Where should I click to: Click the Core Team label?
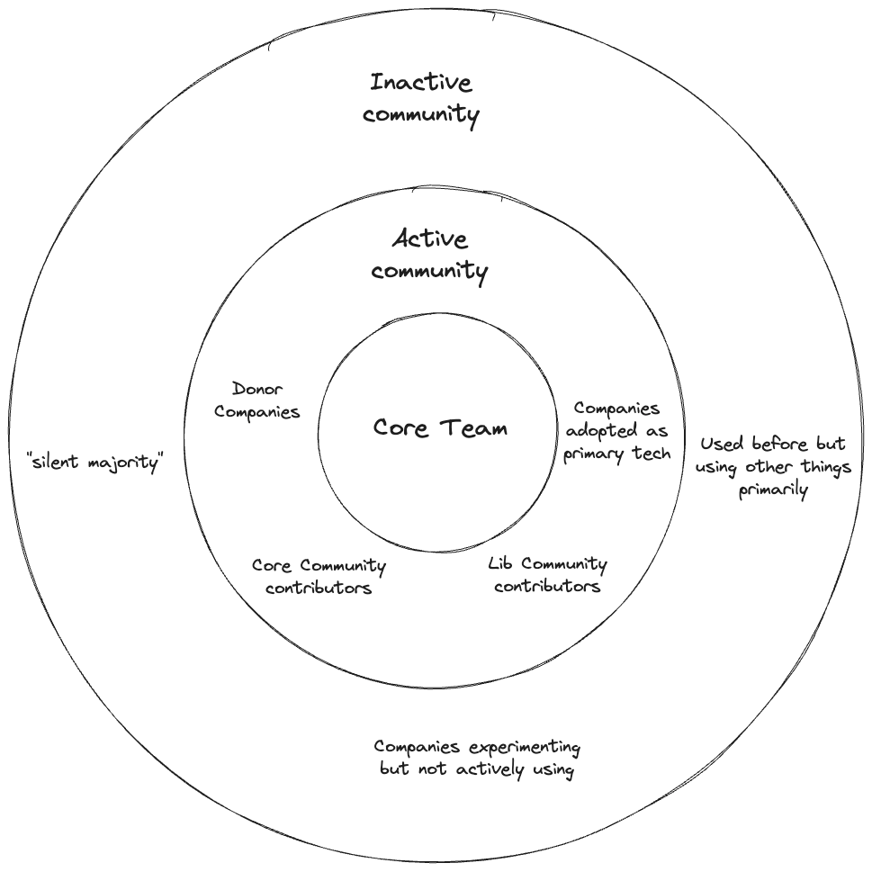coord(440,427)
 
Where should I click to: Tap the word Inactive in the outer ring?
coord(420,84)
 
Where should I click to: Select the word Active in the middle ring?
coord(430,239)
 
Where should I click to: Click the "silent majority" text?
coord(95,464)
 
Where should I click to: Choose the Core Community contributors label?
coord(319,577)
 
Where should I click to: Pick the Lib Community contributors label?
coord(547,575)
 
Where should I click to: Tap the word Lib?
coord(501,564)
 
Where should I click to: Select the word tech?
coord(650,453)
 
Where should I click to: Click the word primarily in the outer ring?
coord(773,490)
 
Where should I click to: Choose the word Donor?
coord(257,389)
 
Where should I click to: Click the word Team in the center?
coord(473,427)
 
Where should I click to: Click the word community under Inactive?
coord(421,115)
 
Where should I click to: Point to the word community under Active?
coord(430,271)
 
